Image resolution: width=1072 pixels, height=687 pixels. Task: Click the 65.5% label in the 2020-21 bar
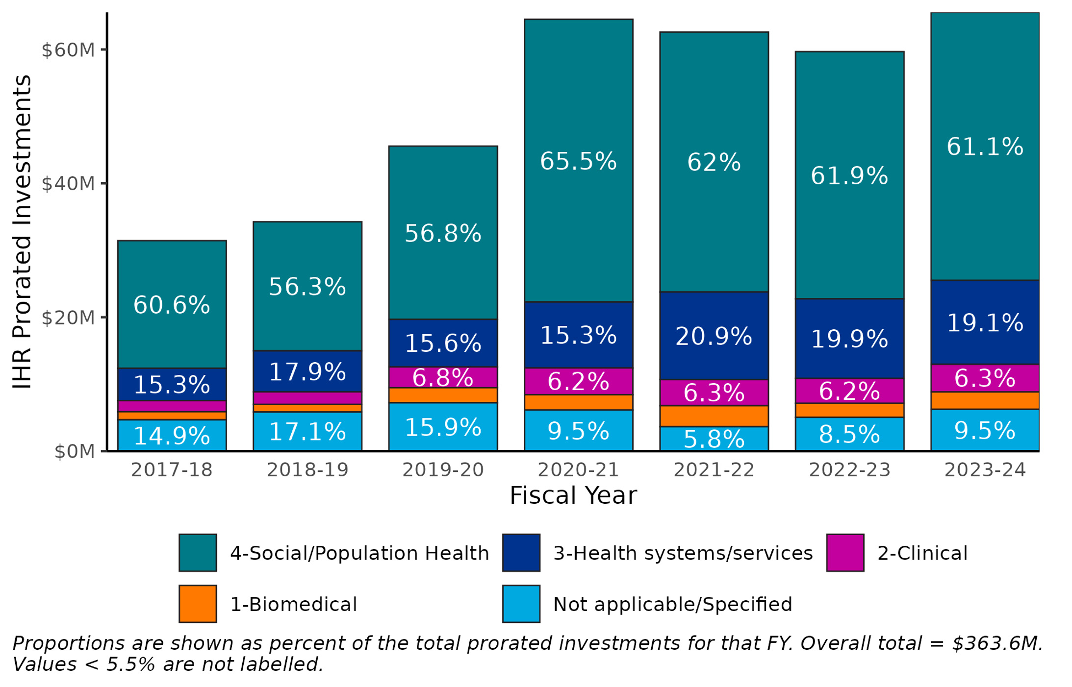(578, 161)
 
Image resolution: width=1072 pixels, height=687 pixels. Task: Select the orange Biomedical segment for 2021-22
(714, 416)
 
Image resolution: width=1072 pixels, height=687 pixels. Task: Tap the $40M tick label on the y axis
(68, 184)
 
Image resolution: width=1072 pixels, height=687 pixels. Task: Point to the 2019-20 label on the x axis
(442, 470)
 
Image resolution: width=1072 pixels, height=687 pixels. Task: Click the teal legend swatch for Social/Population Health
(198, 553)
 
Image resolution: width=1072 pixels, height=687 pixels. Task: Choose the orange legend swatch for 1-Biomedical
(198, 604)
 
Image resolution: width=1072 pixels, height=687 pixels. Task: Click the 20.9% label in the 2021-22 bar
(714, 336)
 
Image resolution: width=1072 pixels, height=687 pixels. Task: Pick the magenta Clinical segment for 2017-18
(172, 406)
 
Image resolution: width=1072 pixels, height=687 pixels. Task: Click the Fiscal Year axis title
(573, 495)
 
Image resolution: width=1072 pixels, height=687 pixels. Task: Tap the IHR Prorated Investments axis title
(22, 232)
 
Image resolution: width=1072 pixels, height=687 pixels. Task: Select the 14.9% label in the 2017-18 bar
(172, 436)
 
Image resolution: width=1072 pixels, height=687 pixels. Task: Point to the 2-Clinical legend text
(922, 553)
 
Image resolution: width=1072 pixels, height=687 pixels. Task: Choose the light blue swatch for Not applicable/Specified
(521, 604)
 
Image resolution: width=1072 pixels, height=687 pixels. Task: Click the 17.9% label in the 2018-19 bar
(307, 371)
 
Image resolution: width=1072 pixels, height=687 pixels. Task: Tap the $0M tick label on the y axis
(74, 452)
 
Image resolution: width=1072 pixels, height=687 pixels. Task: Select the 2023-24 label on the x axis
(985, 470)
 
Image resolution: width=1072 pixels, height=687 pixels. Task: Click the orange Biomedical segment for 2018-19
(307, 408)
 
